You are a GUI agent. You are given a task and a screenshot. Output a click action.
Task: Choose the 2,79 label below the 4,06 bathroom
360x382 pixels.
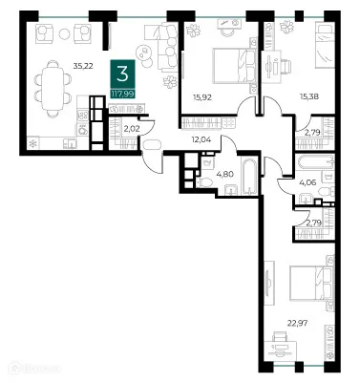click(312, 223)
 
